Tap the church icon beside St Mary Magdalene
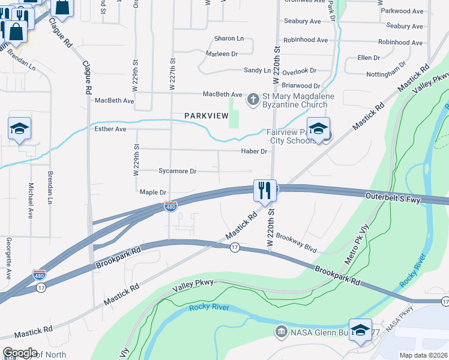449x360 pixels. click(253, 98)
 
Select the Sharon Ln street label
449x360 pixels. click(229, 38)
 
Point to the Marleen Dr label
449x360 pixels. click(222, 54)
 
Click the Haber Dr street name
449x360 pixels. click(254, 151)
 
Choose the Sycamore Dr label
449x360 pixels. click(177, 171)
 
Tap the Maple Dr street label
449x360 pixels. click(152, 192)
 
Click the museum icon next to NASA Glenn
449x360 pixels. click(280, 331)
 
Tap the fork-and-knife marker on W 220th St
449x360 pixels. click(264, 191)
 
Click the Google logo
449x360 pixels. click(19, 353)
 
